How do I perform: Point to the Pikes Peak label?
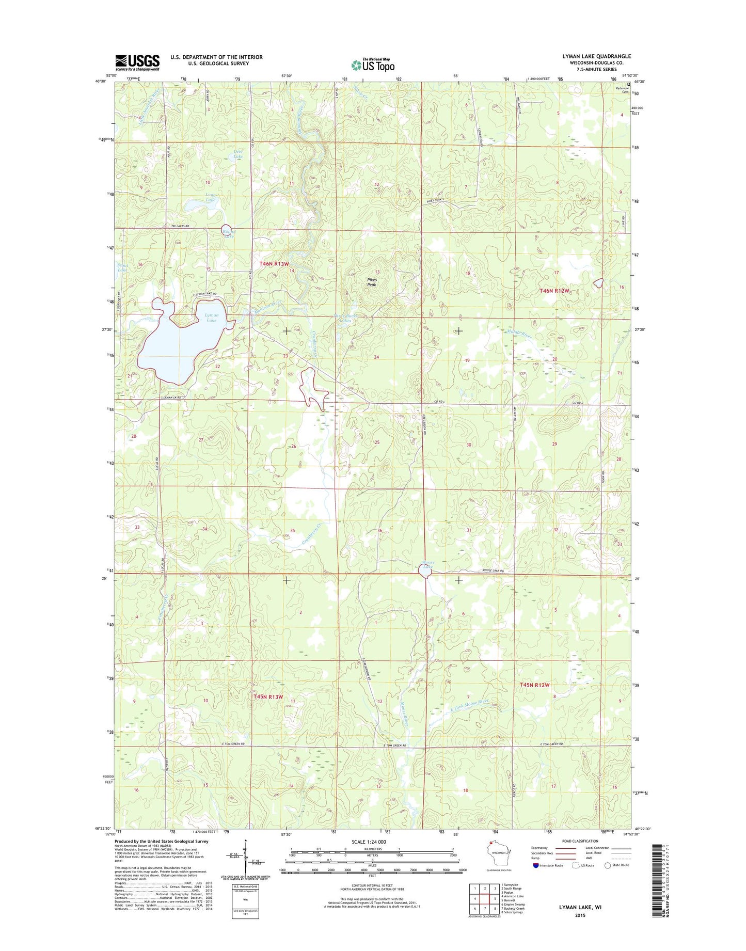coord(372,282)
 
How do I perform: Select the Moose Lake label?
coord(427,564)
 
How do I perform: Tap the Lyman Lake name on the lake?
coord(211,318)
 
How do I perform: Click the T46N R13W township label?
coord(274,264)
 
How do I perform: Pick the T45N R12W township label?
coord(535,685)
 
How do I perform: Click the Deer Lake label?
coord(237,153)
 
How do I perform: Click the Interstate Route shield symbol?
coord(535,865)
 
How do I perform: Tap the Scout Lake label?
coord(122,267)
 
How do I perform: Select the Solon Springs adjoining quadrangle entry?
coord(512,912)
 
